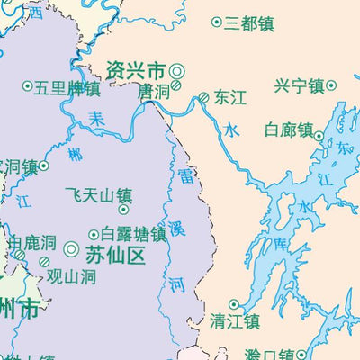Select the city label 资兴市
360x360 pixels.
pos(136,70)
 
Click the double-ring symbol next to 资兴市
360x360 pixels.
pos(177,70)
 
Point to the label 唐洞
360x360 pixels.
pos(153,92)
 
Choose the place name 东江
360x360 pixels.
pos(230,98)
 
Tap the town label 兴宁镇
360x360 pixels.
pos(299,86)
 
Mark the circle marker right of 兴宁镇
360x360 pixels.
pos(331,86)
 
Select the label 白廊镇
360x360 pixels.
pos(288,130)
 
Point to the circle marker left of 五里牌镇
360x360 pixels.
pos(25,88)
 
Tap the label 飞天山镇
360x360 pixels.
pos(99,194)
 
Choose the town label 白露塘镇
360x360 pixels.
pos(133,234)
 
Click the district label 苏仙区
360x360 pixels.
pos(115,256)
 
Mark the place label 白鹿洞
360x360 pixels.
pos(33,243)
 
